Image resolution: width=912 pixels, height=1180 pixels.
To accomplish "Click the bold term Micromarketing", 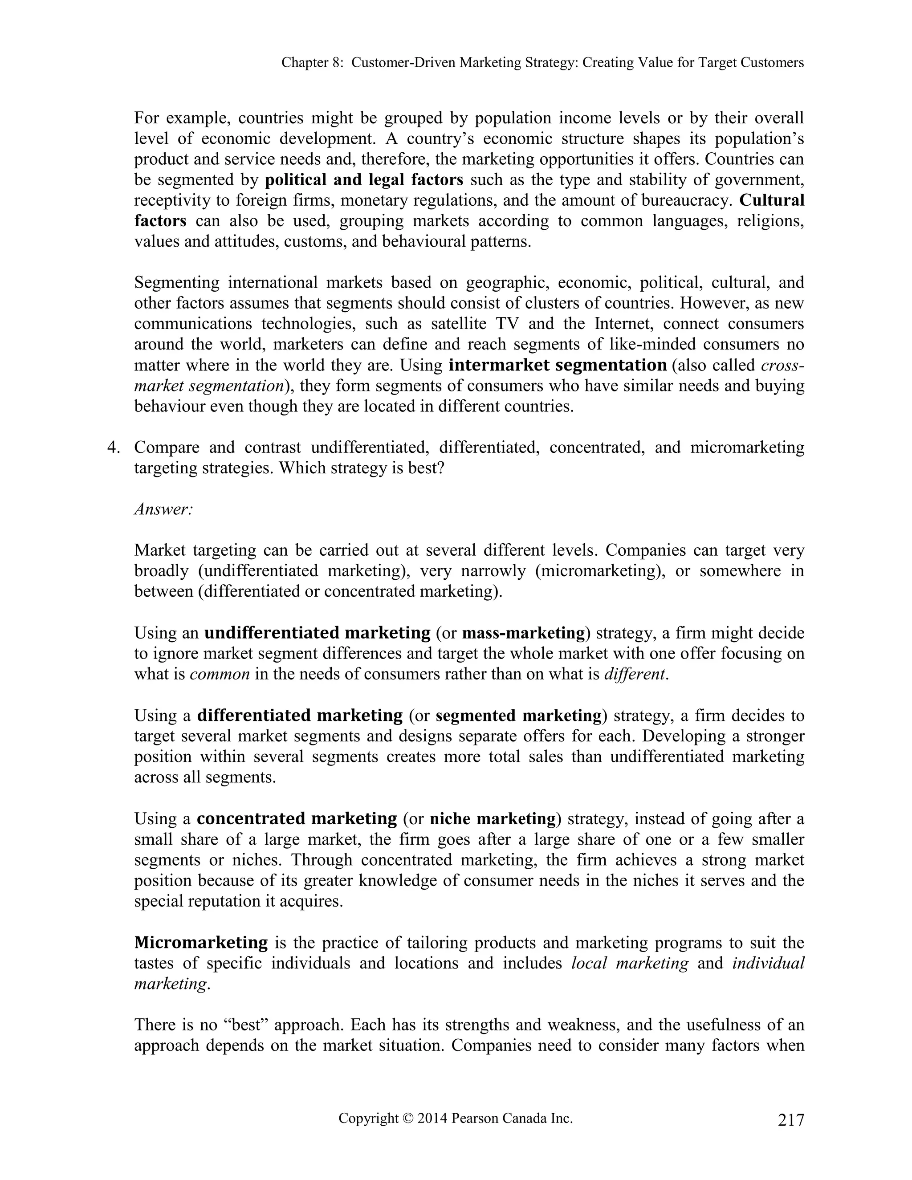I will click(x=200, y=942).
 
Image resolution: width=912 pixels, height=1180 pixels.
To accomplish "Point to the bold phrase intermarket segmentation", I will click(x=558, y=365).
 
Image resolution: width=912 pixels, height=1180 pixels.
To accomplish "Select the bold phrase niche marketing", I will click(x=492, y=818).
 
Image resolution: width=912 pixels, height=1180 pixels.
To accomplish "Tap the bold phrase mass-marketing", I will click(x=524, y=633).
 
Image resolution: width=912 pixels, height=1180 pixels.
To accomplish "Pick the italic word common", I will click(x=220, y=674).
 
